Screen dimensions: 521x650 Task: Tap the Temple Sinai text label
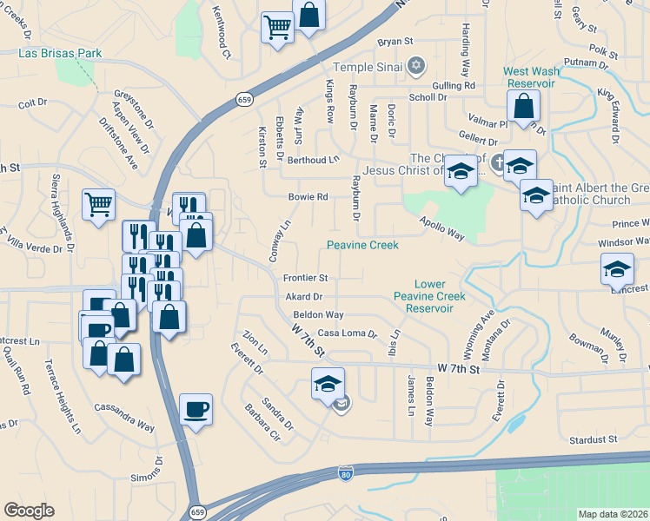pos(368,66)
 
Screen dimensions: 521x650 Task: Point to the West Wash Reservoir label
pos(531,76)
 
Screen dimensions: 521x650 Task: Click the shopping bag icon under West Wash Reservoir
pos(524,107)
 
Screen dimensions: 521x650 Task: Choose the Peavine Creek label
pos(362,246)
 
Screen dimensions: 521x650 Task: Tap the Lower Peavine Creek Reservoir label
pos(429,296)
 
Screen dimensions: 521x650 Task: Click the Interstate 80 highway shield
pos(345,474)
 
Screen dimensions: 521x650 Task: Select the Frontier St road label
pos(305,278)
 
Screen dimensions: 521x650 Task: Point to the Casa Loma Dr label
pos(348,333)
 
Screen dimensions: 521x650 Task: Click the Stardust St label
pos(593,440)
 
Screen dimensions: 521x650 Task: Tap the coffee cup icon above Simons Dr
pos(196,408)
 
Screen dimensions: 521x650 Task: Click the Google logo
pos(29,511)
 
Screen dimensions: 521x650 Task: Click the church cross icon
pos(498,162)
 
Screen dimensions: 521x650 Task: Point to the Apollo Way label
pos(443,224)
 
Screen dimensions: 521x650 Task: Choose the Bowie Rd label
pos(308,197)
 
